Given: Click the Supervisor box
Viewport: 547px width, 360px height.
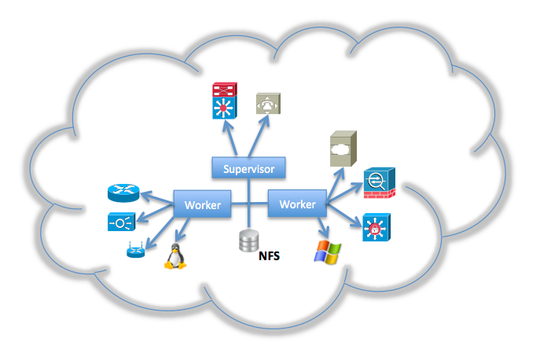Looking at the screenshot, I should pos(248,168).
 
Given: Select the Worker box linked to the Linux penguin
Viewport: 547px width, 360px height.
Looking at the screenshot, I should pos(203,204).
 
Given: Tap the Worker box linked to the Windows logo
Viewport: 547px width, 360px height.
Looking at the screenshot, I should pos(297,204).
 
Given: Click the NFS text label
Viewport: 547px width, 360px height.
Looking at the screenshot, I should pos(269,256).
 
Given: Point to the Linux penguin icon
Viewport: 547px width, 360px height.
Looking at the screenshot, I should pos(174,255).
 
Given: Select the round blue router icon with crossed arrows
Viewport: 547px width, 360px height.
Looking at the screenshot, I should pos(122,193).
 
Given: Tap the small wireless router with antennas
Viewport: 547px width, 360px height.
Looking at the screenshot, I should pos(135,252).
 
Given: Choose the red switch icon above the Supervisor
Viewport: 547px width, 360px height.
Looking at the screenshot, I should pos(223,90).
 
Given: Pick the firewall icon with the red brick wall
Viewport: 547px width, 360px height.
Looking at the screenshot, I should pos(378,183).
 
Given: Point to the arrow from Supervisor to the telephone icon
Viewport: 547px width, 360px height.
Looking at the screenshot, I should pos(260,137).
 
